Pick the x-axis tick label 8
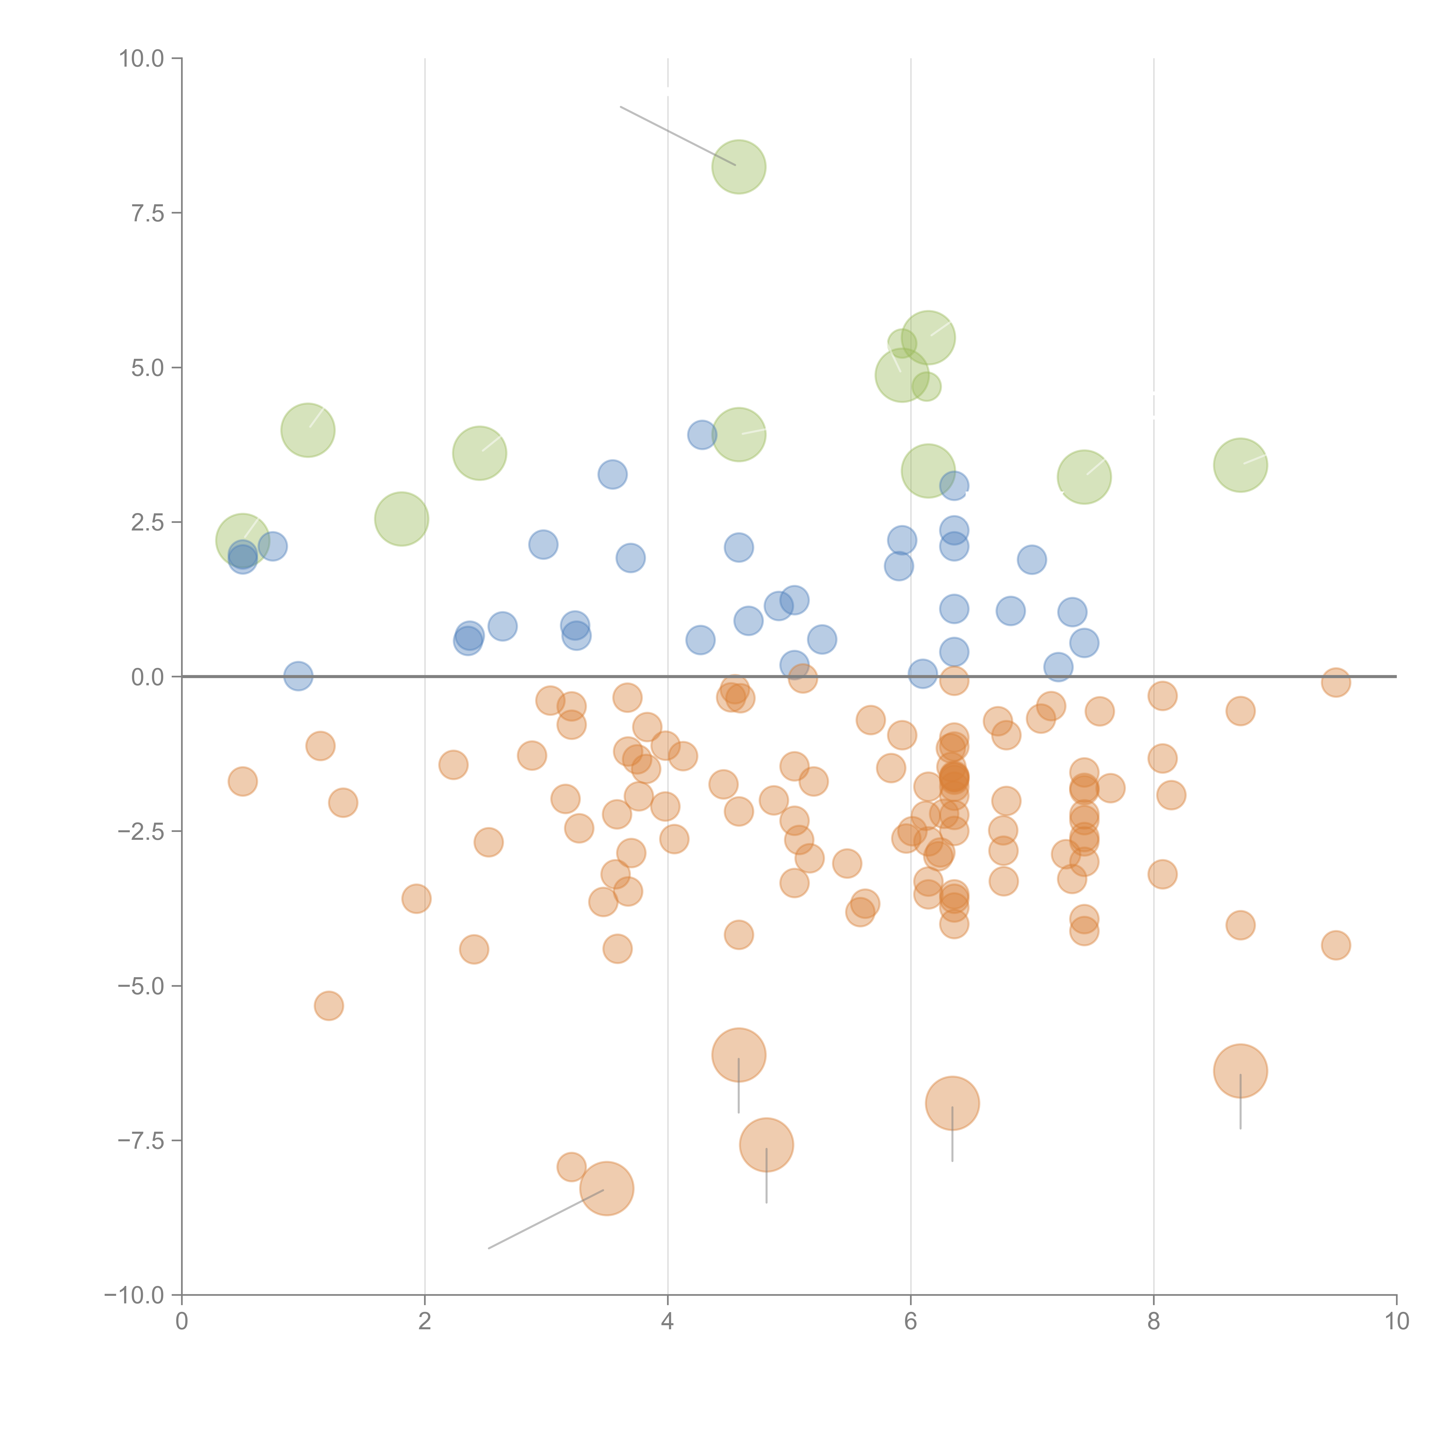pos(1154,1322)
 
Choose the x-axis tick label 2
pos(425,1322)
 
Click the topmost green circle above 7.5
pos(739,166)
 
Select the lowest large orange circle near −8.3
pos(606,1188)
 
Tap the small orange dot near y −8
pos(572,1167)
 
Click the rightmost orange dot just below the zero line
pos(1335,682)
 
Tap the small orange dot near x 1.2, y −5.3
pos(328,1005)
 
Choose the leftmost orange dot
pos(242,781)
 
